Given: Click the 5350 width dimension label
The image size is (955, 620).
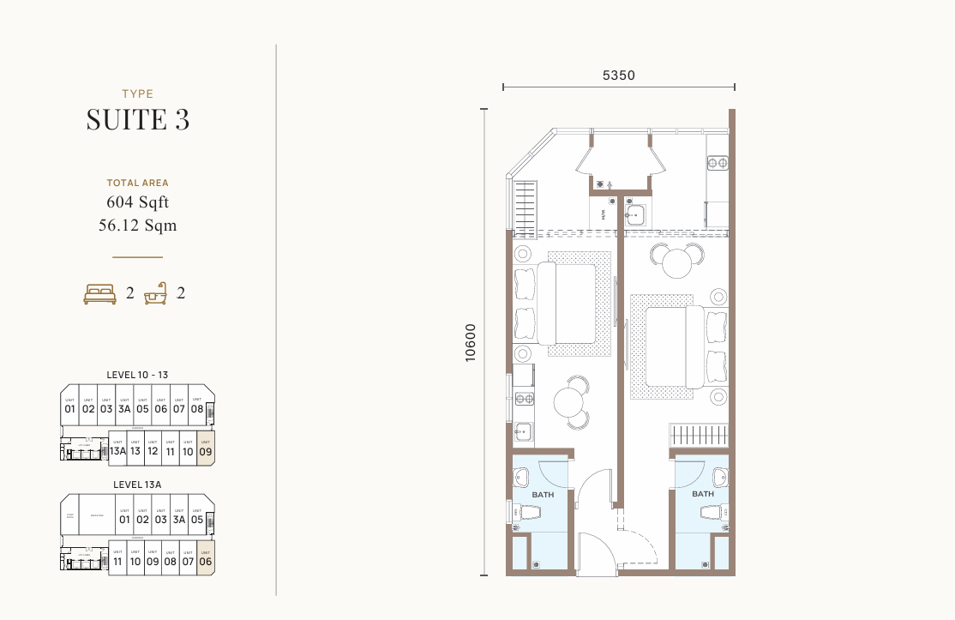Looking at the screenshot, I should pos(618,75).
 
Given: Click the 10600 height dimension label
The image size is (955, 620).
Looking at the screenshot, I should pos(470,342).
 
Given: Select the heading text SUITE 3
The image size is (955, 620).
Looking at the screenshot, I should pos(137,120).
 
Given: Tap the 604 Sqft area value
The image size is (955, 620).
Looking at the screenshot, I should pos(137,203).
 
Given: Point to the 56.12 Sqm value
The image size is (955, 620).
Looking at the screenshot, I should pos(137,226).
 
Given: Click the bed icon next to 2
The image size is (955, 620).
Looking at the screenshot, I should pos(99,294).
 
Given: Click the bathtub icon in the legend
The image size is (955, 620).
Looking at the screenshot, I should pos(155,295).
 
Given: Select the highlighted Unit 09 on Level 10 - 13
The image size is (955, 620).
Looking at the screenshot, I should pos(205,448).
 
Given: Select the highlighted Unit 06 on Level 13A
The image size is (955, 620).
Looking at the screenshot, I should pos(205,558).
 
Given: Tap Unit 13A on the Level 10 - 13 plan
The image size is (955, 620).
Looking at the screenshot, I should pos(117,448).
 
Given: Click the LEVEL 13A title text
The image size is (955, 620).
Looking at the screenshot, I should pos(137,485).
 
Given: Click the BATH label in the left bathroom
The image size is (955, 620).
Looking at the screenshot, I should pos(543,495).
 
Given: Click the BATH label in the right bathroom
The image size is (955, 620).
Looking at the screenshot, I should pos(703,494).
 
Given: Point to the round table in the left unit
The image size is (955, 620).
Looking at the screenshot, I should pos(569,401).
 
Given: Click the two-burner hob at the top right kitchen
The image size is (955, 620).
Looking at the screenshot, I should pos(718,163).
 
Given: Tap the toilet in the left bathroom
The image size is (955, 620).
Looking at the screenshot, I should pos(528,513).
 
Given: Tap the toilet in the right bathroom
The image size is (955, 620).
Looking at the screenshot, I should pos(713,512).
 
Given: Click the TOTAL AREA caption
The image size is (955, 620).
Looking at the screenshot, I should pos(137,183).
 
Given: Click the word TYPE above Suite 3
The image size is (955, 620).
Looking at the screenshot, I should pos(137,94).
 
